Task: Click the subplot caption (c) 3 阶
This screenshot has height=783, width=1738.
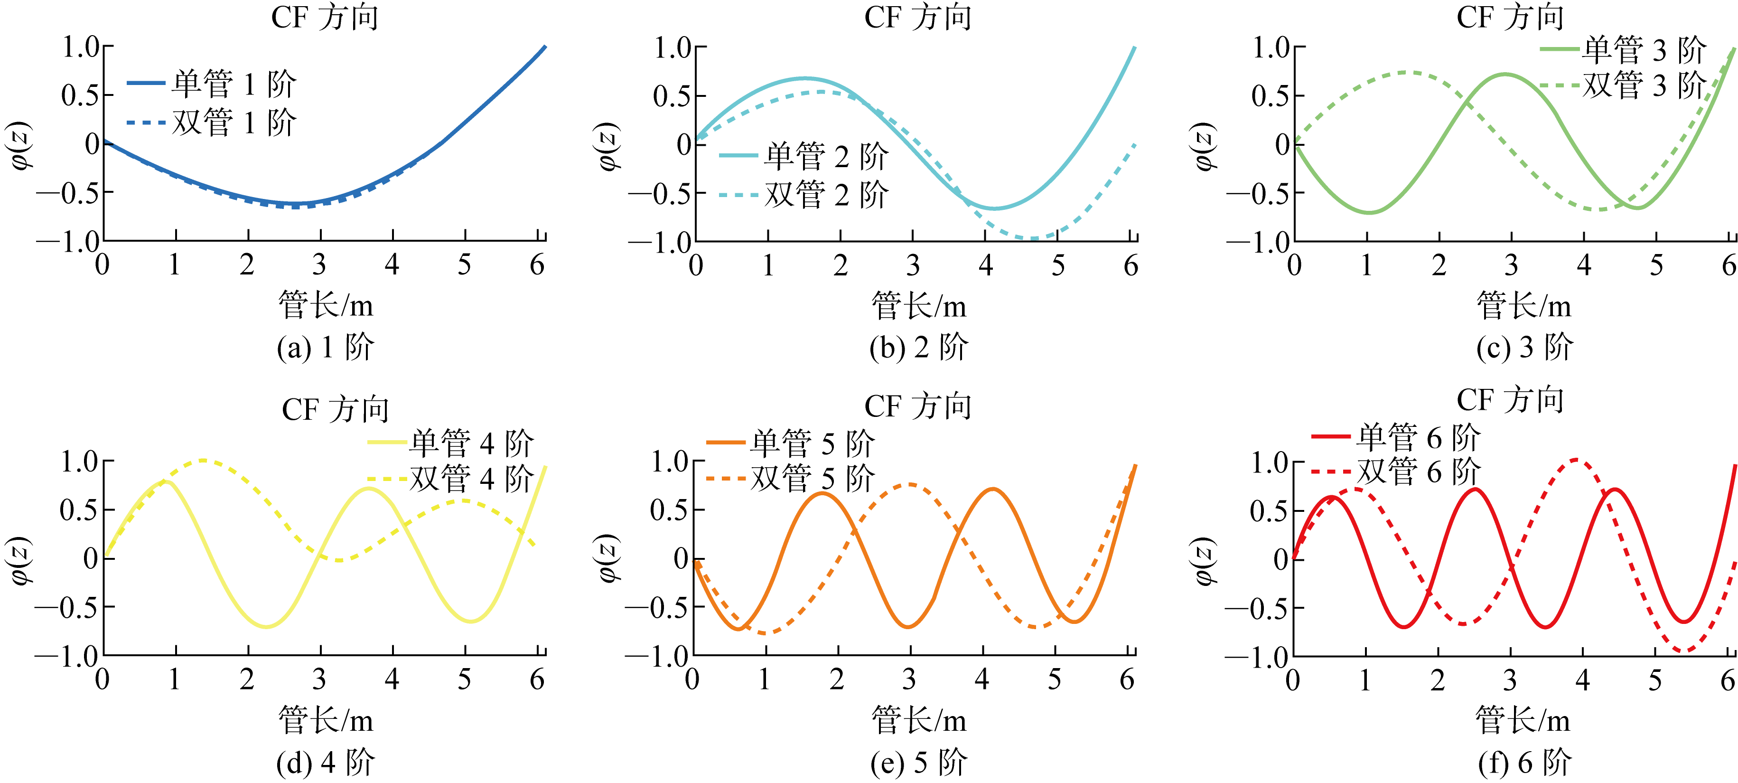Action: coord(1524,348)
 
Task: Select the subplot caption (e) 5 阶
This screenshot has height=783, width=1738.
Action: coord(918,763)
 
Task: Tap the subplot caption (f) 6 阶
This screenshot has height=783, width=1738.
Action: coord(1524,763)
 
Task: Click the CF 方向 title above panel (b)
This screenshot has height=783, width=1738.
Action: coord(917,18)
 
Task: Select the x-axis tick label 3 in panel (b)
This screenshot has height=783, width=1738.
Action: coord(912,266)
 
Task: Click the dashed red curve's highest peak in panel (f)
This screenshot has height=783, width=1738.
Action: coord(1575,460)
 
